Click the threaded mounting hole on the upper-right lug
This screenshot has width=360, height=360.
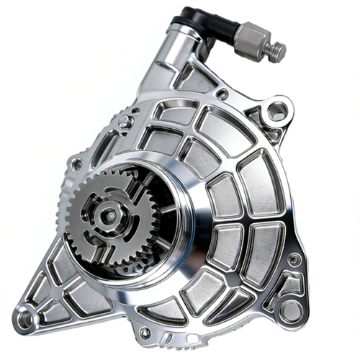276,112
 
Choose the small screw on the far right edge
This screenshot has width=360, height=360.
294,258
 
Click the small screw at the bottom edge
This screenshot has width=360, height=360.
145,333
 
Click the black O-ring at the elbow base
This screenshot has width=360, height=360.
189,26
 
